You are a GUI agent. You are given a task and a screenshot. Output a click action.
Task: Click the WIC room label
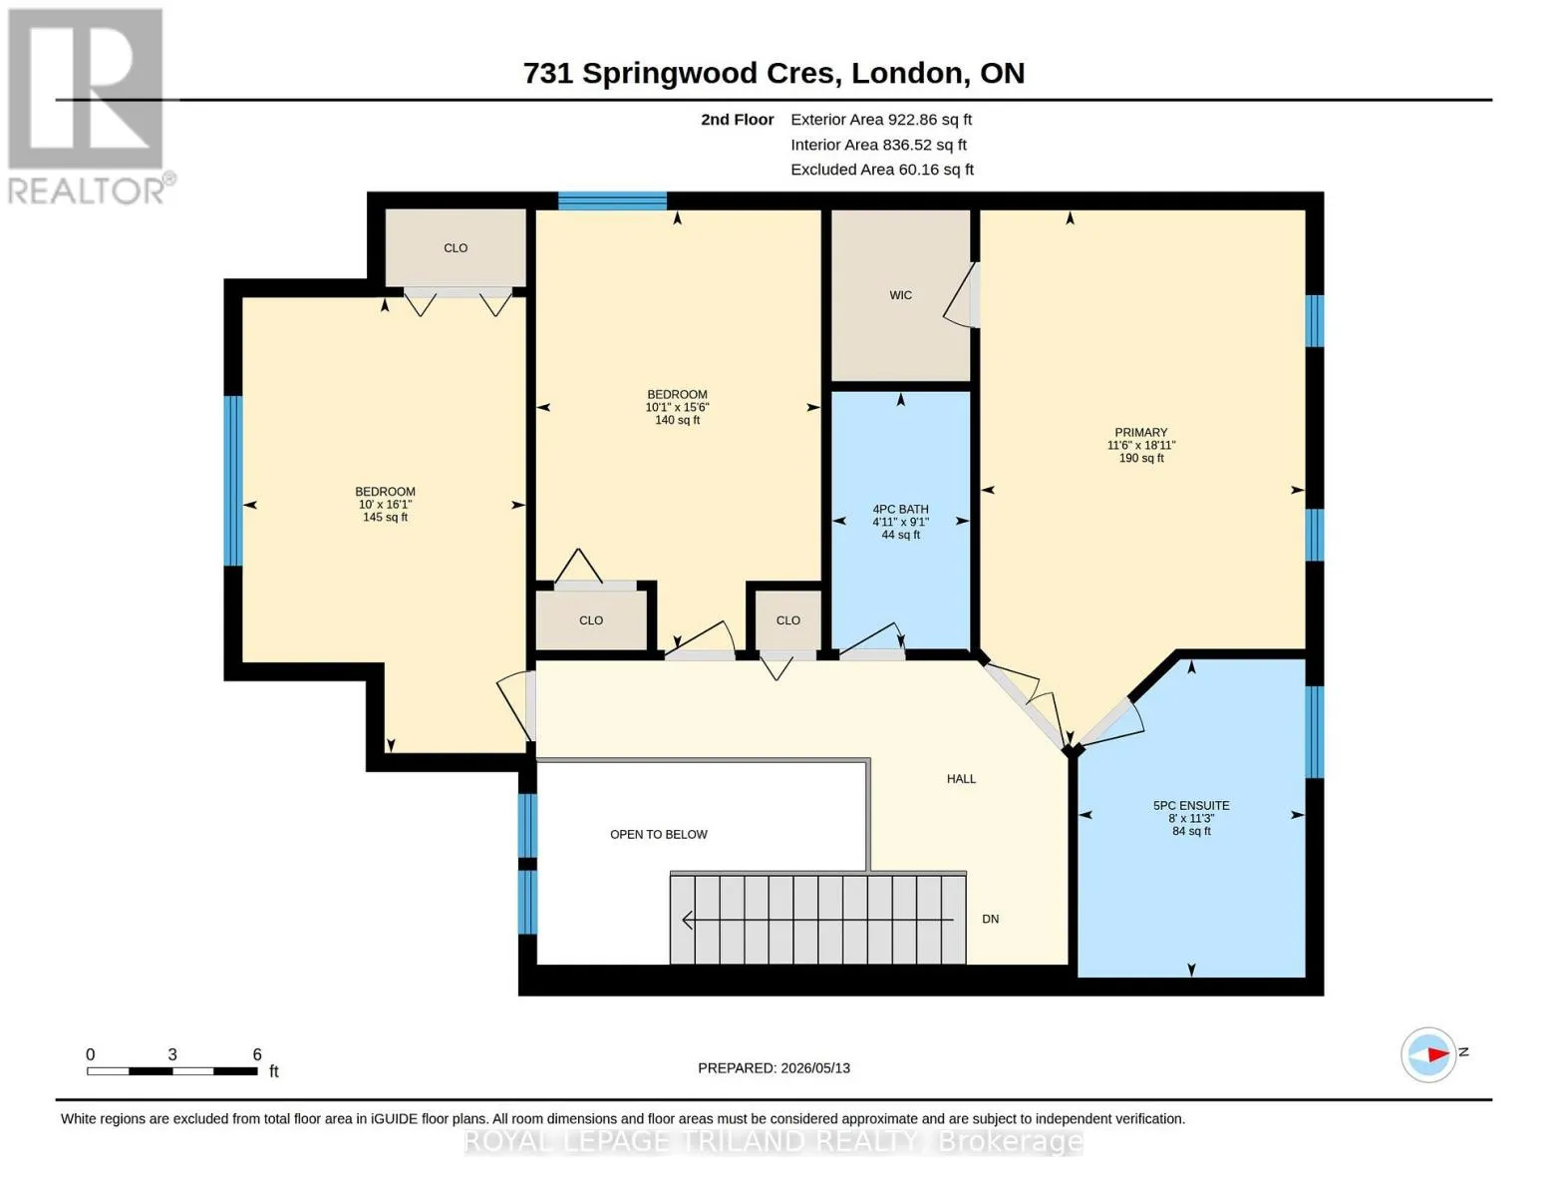pos(900,295)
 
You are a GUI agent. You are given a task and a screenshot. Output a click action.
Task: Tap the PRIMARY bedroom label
pos(1141,432)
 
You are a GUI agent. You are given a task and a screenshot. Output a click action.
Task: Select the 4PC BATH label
pos(900,509)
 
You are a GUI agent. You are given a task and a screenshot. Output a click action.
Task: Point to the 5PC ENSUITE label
pos(1191,806)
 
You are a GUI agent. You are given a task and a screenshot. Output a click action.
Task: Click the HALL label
pos(961,778)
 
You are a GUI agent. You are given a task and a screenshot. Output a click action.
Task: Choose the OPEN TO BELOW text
pos(658,834)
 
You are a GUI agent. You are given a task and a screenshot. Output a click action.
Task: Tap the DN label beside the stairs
pos(990,919)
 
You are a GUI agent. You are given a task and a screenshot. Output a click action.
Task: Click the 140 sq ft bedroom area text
pos(678,421)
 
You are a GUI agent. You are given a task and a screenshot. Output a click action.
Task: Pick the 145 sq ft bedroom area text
pos(386,518)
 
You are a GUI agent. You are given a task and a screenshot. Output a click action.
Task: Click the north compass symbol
pos(1428,1054)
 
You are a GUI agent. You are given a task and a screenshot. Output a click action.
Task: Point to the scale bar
pos(171,1070)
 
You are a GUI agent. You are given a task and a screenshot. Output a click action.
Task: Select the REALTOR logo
pos(89,107)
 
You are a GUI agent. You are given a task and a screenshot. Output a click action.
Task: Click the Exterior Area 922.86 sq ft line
pos(881,120)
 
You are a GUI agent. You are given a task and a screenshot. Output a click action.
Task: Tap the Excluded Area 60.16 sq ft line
pos(882,170)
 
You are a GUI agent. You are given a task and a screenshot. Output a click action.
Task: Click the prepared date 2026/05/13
pos(815,1068)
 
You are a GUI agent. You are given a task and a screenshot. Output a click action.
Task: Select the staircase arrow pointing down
pos(817,920)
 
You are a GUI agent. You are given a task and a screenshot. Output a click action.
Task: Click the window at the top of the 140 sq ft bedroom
pos(612,201)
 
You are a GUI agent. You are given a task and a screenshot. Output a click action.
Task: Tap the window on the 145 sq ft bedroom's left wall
pos(233,481)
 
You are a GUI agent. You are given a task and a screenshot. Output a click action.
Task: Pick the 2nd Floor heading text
pos(738,120)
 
